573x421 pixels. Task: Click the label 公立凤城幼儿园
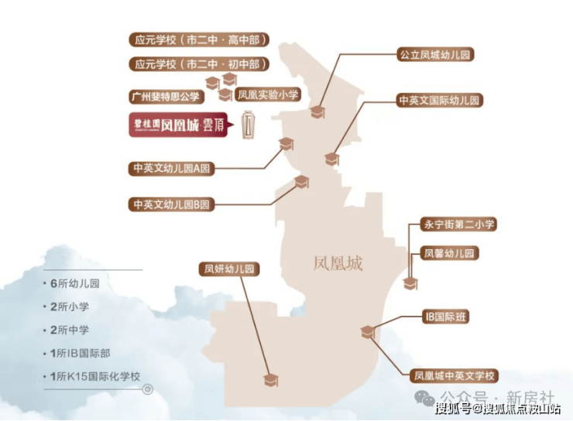click(434, 55)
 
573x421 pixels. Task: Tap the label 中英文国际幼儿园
click(439, 101)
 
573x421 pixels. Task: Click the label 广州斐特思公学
click(164, 97)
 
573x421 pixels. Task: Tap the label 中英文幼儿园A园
click(172, 167)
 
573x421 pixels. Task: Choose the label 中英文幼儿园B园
click(172, 204)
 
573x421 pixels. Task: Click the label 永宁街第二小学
click(458, 224)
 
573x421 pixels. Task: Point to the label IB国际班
click(445, 317)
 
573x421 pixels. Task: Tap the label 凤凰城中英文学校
click(455, 377)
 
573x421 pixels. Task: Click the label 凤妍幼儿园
click(228, 269)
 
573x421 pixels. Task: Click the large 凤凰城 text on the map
click(338, 263)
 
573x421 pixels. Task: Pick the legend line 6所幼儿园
click(74, 283)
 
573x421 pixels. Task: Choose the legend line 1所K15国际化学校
click(96, 377)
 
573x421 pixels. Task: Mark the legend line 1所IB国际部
click(80, 353)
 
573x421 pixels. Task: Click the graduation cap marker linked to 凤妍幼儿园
click(270, 379)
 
